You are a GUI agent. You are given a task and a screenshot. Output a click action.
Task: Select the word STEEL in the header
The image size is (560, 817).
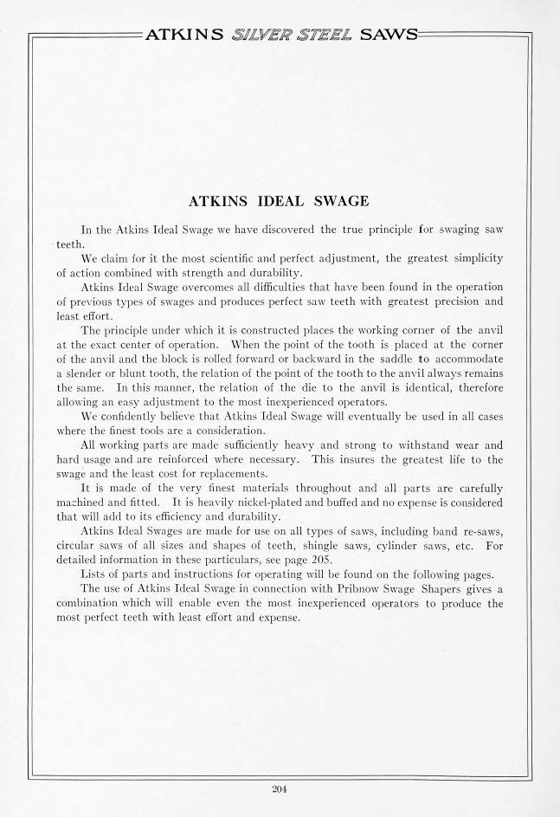325,35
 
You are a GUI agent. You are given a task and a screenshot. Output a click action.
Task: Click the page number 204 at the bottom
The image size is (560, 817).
279,788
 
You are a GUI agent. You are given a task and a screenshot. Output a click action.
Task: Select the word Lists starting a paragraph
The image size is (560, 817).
94,574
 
